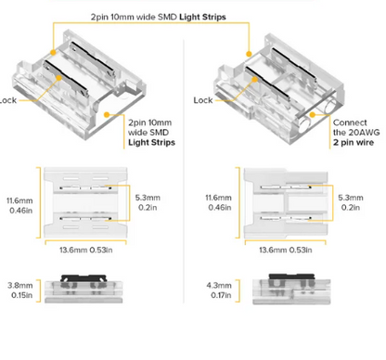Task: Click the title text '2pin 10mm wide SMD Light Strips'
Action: click(158, 17)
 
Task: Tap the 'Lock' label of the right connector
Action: click(203, 100)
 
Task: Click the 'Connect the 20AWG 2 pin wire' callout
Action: click(356, 133)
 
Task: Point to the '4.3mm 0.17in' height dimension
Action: click(219, 290)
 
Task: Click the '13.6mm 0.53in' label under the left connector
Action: click(86, 250)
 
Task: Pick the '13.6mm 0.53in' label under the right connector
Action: click(286, 250)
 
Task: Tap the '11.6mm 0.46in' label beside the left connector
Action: click(19, 205)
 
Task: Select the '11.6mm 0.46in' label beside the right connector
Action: click(219, 202)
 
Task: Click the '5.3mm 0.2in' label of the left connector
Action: click(148, 202)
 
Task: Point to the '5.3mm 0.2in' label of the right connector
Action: click(351, 202)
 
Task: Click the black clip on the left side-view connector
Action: click(84, 277)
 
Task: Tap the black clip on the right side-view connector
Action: click(291, 276)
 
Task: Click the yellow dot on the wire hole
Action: click(313, 115)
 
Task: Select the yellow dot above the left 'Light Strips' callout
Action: click(107, 115)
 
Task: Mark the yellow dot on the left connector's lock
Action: click(58, 78)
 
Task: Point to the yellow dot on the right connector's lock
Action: click(254, 80)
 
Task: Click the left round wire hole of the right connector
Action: click(304, 125)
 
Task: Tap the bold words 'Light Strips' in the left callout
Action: click(151, 143)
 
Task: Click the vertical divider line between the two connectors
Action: click(184, 171)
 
